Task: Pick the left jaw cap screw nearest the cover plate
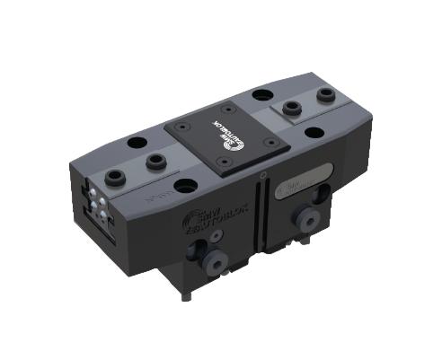pyautogui.click(x=155, y=162)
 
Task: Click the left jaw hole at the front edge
pyautogui.click(x=188, y=186)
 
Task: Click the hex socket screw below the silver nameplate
pyautogui.click(x=306, y=221)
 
